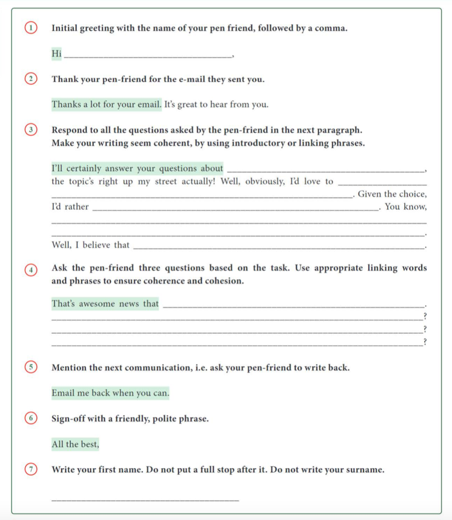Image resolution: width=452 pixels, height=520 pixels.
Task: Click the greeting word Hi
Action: pos(56,53)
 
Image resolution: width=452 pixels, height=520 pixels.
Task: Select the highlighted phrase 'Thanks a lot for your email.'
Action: pos(106,105)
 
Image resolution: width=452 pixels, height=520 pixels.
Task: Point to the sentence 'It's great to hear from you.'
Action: pos(216,105)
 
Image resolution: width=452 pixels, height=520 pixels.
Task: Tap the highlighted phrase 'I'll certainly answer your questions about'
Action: pos(138,168)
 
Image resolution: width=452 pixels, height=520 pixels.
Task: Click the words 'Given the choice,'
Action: pos(392,194)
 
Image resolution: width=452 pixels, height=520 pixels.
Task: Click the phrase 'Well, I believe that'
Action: pos(90,245)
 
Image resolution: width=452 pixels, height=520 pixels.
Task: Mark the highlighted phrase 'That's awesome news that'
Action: pos(105,304)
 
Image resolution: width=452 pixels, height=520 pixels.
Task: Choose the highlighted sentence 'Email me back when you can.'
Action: pos(110,393)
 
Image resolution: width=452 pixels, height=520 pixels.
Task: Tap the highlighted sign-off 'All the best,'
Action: pos(75,445)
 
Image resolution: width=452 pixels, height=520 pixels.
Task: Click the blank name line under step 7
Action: pos(145,499)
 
